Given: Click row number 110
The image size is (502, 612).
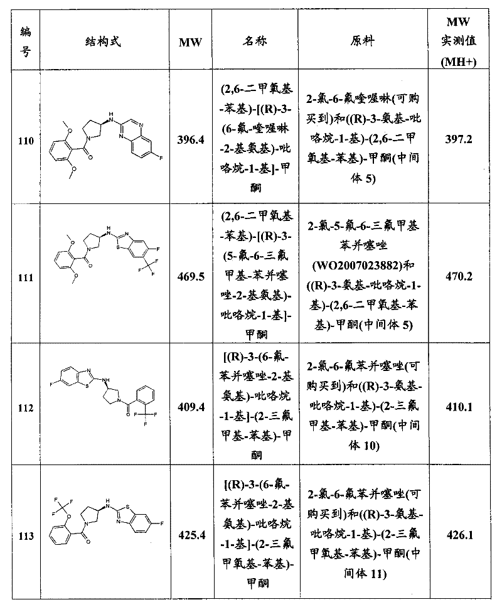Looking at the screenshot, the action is [x=26, y=141].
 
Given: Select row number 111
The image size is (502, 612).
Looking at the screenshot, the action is [x=26, y=277].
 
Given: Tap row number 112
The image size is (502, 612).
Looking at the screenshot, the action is [x=26, y=408].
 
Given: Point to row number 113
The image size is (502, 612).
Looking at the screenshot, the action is [x=26, y=536].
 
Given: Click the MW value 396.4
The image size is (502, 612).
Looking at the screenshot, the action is [x=191, y=140].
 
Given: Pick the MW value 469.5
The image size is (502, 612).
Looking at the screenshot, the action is [x=191, y=277].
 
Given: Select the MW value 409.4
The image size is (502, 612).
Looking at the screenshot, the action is [x=191, y=407].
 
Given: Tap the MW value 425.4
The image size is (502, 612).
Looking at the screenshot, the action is [x=191, y=535].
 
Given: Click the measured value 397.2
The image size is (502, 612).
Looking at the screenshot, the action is [x=459, y=139].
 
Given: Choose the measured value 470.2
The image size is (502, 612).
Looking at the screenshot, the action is [x=459, y=276].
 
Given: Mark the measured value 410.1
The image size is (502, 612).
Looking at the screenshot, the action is [x=459, y=407].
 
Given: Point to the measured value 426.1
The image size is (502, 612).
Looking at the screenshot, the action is [x=460, y=535].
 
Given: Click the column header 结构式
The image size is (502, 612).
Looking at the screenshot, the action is [x=103, y=41].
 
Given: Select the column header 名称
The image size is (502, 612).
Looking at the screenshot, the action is [x=255, y=41].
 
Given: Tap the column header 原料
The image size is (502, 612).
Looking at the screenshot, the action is [x=362, y=41].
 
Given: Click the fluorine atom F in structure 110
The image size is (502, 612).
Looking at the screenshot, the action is [x=161, y=158].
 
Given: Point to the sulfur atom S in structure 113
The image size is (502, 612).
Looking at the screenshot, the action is [x=128, y=508].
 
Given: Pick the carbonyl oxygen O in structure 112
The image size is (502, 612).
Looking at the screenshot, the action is [x=128, y=414].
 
